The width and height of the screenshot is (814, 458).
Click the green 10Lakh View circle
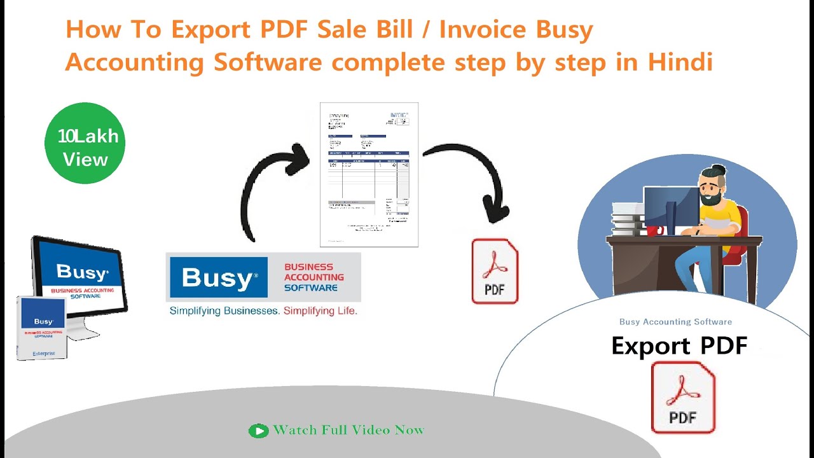tap(85, 144)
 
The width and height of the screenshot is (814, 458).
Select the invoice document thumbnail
tap(369, 174)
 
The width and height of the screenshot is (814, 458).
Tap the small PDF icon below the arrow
tap(495, 272)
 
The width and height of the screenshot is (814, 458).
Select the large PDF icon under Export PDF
tap(683, 398)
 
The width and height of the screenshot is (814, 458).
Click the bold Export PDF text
tap(679, 346)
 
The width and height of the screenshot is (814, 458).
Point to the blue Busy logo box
tap(218, 277)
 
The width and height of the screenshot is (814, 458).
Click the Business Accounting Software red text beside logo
tap(314, 277)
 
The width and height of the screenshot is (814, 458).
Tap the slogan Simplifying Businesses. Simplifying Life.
tap(263, 311)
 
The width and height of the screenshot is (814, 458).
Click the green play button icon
tap(258, 431)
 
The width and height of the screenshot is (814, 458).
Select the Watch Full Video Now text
tap(348, 431)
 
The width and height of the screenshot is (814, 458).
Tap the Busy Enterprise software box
tap(41, 328)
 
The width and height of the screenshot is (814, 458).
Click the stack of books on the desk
tap(627, 219)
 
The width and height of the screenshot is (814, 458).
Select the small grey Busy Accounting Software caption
tap(675, 322)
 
